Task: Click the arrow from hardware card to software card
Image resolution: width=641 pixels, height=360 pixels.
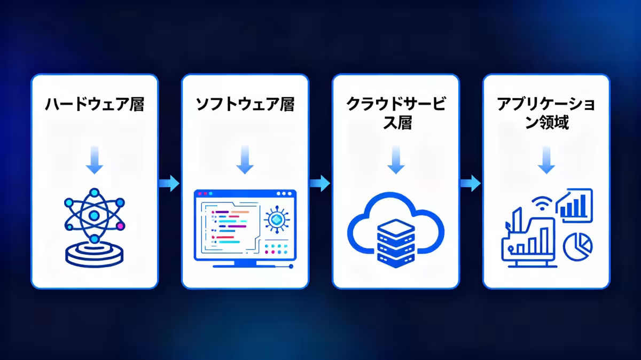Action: (x=169, y=184)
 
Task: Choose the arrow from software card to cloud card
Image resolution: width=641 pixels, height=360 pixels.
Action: (x=320, y=184)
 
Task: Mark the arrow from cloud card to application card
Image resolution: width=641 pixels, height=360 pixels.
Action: (x=471, y=184)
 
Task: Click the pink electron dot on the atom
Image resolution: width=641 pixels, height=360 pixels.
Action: (x=120, y=226)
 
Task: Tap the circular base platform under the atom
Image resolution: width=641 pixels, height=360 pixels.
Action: (x=95, y=254)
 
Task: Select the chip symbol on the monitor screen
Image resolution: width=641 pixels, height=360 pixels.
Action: (x=277, y=220)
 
